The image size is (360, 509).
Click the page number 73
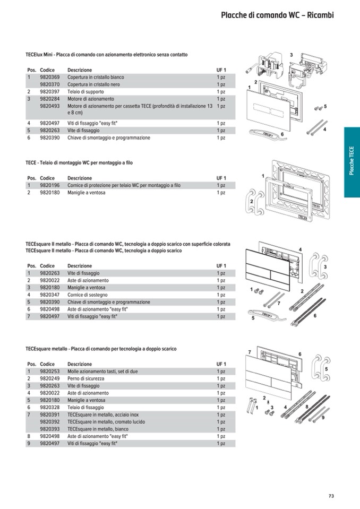point(331,496)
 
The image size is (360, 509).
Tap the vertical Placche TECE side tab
point(352,162)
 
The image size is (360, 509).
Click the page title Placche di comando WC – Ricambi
point(277,15)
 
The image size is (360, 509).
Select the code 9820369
point(49,77)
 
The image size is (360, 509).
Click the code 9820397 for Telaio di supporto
point(49,92)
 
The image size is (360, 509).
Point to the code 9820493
point(49,106)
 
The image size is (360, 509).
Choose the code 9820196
point(49,186)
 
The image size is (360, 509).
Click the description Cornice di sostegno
point(87,295)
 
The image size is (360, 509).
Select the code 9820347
point(49,295)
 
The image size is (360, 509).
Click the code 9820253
point(49,372)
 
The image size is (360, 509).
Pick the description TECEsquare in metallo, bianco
point(98,429)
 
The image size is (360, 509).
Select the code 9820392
point(49,421)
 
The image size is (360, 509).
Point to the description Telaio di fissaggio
point(85,407)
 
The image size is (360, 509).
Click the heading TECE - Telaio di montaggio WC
point(79,163)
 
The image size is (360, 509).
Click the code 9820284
point(49,99)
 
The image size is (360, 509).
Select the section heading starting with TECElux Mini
point(106,55)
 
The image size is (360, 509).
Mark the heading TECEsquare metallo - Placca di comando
point(101,349)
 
